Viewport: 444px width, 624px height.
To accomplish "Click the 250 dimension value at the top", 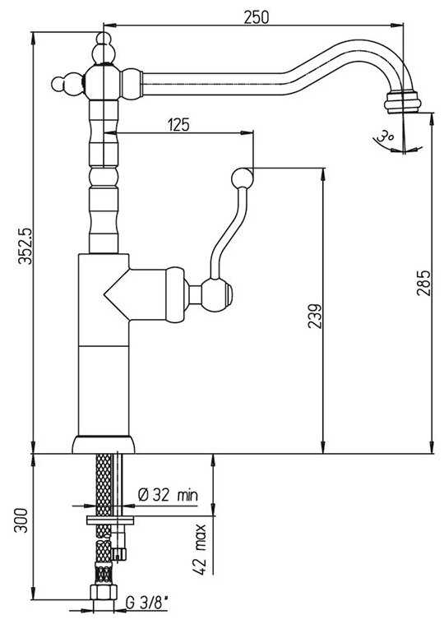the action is click(257, 16).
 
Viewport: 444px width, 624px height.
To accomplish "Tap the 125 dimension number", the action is click(178, 125).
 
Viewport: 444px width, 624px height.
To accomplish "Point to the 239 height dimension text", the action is click(316, 317).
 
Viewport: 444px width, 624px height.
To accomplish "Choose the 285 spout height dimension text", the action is click(424, 283).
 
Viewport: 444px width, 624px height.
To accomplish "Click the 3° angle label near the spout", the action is click(385, 136).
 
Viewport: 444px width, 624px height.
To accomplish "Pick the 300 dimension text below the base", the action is click(22, 520).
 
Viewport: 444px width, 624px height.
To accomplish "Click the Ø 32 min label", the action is click(168, 495).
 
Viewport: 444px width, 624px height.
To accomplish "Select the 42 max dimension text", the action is click(201, 549).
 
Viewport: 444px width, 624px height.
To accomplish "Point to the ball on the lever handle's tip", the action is click(243, 178).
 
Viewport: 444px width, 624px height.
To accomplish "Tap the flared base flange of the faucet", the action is click(104, 445).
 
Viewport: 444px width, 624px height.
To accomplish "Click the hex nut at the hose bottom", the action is click(104, 592).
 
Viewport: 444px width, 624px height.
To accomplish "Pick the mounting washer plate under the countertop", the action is click(110, 520).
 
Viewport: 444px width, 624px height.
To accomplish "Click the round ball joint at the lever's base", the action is click(215, 295).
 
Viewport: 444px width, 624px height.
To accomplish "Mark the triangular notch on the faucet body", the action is click(117, 294).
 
